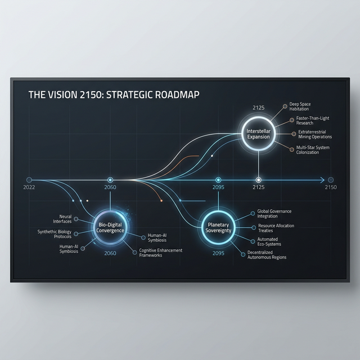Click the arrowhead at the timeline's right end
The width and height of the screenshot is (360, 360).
(x=321, y=180)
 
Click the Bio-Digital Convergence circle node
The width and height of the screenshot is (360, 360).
(x=110, y=226)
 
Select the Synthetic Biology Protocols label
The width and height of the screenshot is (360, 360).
(x=55, y=234)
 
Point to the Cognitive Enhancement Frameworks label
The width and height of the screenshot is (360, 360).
(x=160, y=253)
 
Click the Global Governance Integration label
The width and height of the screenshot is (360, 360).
(x=275, y=214)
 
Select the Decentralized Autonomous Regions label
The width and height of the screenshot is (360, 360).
(x=267, y=255)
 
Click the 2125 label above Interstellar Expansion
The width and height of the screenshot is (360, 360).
(x=258, y=107)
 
